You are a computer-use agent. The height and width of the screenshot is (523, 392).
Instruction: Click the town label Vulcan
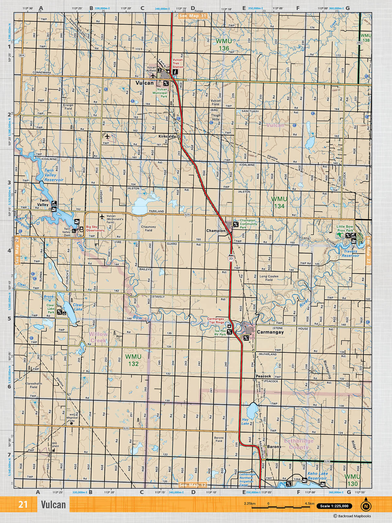(144, 83)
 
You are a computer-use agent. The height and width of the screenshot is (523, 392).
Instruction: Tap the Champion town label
(216, 230)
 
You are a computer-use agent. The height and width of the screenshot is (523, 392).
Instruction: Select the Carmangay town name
(270, 332)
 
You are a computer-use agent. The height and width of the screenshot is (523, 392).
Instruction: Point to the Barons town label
(274, 447)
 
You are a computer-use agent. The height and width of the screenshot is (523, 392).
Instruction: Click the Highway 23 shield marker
(231, 258)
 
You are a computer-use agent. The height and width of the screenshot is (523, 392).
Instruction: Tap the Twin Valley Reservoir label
(54, 175)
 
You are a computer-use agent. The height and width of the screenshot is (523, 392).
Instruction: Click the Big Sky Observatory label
(95, 228)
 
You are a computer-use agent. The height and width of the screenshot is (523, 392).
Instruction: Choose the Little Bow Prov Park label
(345, 228)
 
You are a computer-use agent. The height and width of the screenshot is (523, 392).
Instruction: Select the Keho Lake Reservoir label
(317, 476)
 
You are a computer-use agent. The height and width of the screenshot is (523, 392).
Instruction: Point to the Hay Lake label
(245, 421)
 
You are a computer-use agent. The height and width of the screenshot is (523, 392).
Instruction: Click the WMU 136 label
(224, 45)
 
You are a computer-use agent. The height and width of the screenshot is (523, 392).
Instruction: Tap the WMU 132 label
(133, 360)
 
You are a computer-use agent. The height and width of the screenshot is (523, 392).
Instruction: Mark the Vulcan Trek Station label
(178, 63)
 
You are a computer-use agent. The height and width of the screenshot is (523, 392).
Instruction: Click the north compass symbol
(366, 505)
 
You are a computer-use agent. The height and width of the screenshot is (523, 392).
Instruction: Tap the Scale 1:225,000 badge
(334, 506)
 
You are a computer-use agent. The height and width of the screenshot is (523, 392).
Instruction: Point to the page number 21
(23, 505)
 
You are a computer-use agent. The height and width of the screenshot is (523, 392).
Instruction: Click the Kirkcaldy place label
(167, 136)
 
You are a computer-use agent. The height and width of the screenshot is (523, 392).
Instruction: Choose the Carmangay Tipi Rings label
(216, 320)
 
